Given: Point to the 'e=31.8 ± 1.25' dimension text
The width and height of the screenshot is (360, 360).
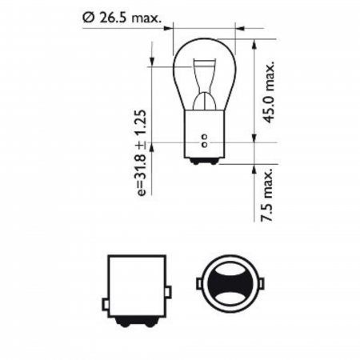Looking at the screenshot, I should (x=142, y=152).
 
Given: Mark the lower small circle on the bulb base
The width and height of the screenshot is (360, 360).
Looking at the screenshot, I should (x=204, y=146).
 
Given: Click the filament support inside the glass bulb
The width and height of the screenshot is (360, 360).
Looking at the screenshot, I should (x=203, y=88).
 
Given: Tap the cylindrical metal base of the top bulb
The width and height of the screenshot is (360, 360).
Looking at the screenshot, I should (x=203, y=140).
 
